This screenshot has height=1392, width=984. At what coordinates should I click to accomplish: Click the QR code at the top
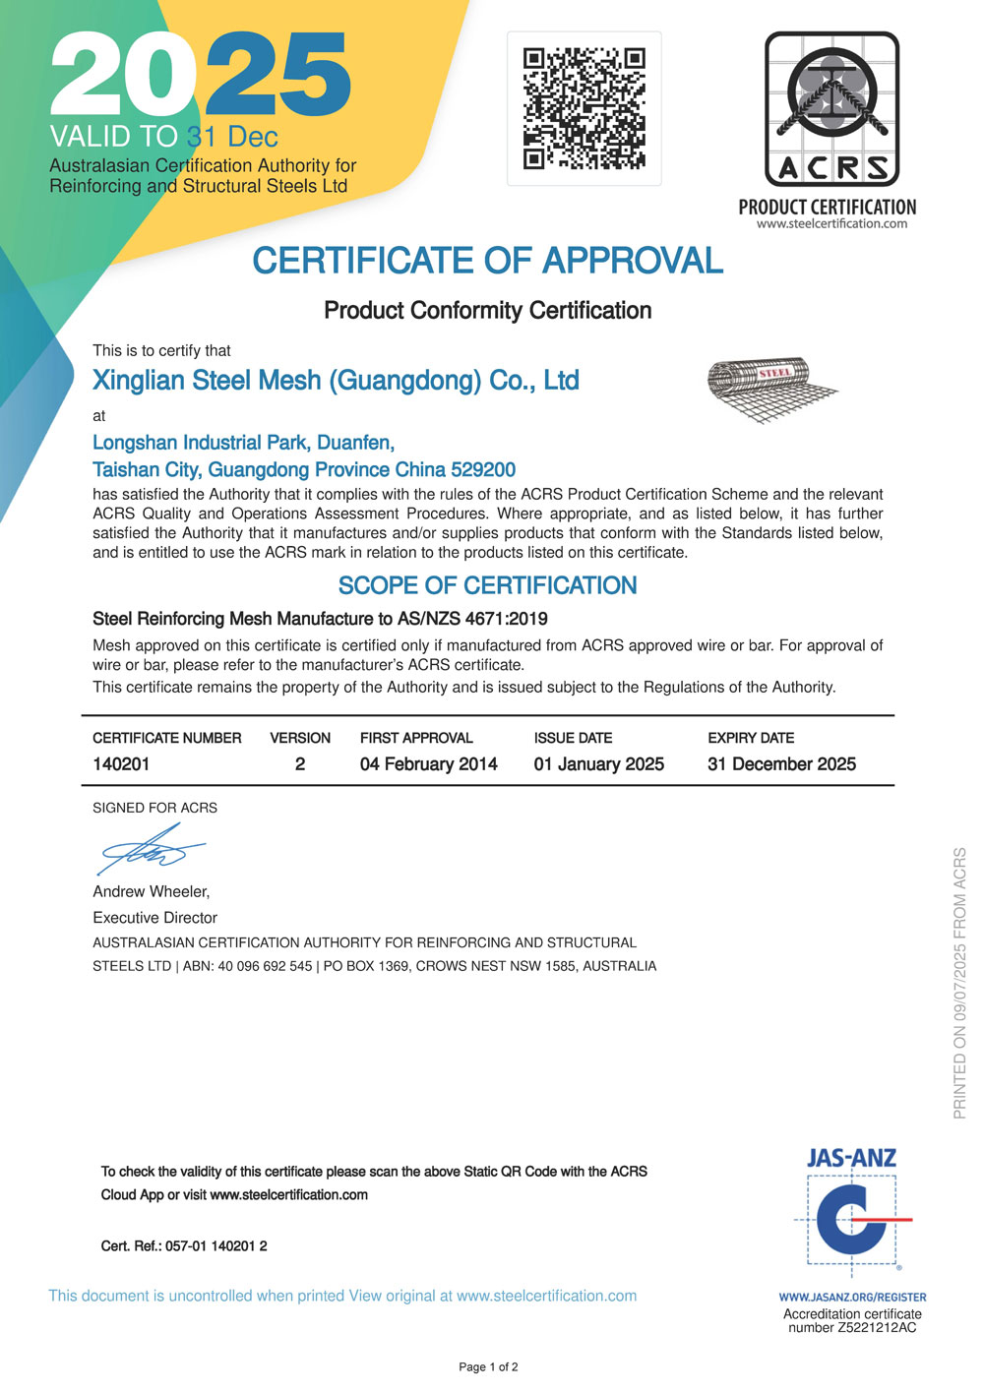tap(584, 108)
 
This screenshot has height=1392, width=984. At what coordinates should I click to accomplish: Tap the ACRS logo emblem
tap(831, 109)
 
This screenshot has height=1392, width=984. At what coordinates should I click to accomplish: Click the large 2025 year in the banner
tap(200, 75)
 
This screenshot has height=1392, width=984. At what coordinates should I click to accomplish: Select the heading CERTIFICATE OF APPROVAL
tap(487, 261)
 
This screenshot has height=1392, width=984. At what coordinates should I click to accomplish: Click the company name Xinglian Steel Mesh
tap(336, 381)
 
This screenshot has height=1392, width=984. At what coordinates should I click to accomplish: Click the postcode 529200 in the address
tap(483, 470)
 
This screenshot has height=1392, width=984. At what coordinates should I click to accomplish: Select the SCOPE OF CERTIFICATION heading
tap(487, 586)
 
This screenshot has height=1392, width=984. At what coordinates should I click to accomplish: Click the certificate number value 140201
tap(121, 764)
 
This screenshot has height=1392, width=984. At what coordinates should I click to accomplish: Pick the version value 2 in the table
tap(300, 764)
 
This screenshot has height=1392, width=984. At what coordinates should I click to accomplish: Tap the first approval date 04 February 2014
tap(428, 764)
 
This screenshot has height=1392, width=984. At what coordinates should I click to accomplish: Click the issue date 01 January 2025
tap(598, 764)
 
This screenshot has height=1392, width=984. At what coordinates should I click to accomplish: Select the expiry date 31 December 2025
tap(781, 764)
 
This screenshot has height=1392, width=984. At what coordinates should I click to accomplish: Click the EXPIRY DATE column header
tap(751, 738)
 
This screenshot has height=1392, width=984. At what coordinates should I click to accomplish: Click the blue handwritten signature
tap(151, 850)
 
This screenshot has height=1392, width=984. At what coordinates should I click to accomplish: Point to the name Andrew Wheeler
tap(151, 892)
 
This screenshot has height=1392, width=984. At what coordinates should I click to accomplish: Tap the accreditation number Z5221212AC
tap(877, 1328)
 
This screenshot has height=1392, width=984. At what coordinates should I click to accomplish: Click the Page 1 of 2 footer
tap(488, 1367)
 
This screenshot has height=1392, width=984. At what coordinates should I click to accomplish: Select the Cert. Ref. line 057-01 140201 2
tap(184, 1246)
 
